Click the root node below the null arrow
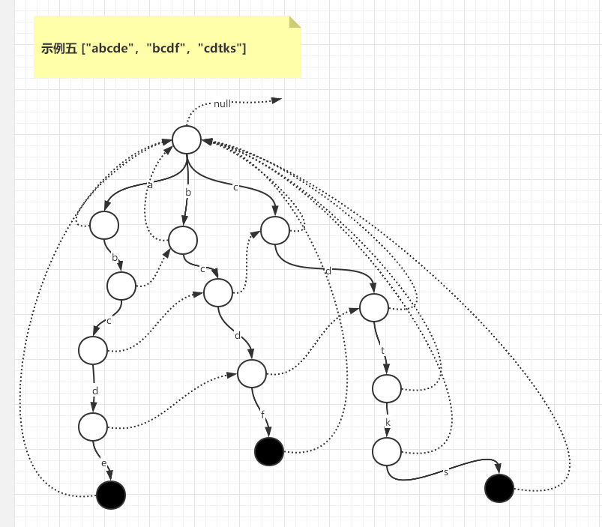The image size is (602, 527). coord(187,139)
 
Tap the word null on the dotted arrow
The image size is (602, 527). coord(222,104)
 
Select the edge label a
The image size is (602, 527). coord(150,184)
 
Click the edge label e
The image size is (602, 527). coord(104,463)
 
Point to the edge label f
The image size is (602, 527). coord(262,413)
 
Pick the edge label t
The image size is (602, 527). coord(382,350)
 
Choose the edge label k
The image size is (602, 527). coord(388,423)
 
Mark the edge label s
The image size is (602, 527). coord(446,472)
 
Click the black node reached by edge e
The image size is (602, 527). coord(111,495)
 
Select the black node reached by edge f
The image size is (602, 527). coord(269,451)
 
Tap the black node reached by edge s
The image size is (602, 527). coord(499,489)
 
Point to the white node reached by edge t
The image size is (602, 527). coord(387,388)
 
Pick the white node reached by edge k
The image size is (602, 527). coord(387,451)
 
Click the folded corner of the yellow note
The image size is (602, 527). coord(294,22)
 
